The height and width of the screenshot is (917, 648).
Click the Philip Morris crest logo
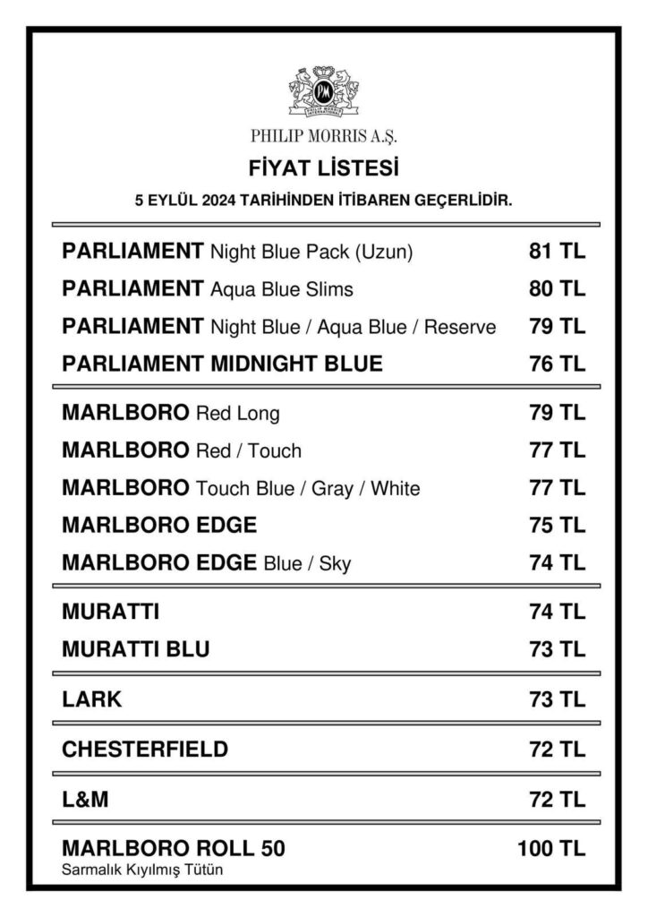[x=323, y=90]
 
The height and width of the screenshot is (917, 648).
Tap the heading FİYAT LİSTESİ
[x=323, y=167]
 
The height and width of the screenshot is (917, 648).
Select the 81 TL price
[x=557, y=253]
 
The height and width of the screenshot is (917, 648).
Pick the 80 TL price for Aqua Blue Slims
[x=557, y=289]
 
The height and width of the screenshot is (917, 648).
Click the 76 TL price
[x=557, y=364]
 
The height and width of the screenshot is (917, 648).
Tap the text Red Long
[x=237, y=414]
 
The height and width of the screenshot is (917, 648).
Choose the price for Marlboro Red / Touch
[x=557, y=450]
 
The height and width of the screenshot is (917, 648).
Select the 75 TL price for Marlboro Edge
[x=557, y=525]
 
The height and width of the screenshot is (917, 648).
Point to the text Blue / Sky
[x=307, y=563]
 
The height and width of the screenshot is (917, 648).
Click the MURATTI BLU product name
[x=136, y=649]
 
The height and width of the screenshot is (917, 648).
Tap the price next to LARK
[x=557, y=699]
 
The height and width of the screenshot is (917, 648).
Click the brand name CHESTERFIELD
[x=145, y=749]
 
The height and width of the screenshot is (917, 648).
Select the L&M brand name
[x=85, y=798]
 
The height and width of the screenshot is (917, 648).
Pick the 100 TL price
[x=551, y=848]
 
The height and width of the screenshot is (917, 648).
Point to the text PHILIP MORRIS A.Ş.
[x=323, y=137]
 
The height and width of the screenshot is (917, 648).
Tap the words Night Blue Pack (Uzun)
[x=311, y=253]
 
